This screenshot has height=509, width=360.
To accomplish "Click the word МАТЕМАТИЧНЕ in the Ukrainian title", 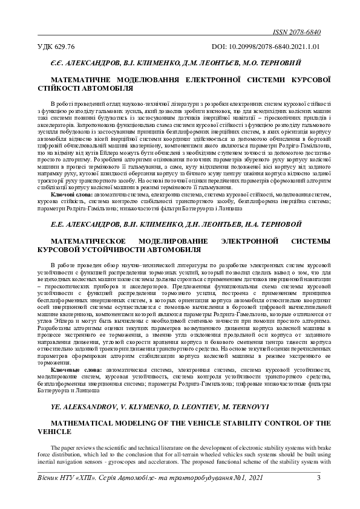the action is [x=82, y=79].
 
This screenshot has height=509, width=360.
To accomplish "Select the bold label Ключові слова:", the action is [x=71, y=195].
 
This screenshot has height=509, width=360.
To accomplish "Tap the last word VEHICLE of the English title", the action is [x=54, y=432].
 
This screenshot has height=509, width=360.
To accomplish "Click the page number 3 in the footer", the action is [x=318, y=479].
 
